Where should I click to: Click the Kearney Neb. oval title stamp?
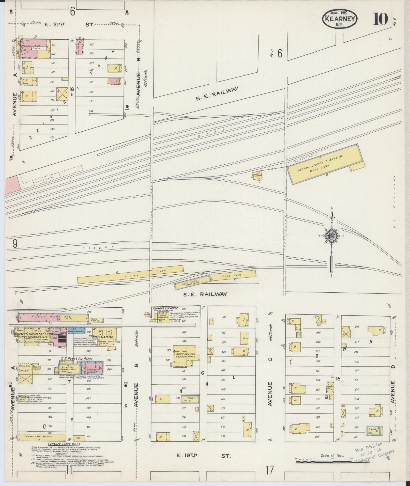click(x=340, y=19)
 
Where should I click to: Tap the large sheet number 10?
click(x=380, y=19)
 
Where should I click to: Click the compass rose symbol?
click(x=332, y=236)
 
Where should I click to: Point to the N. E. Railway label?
click(x=217, y=93)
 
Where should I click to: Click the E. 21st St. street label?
click(x=69, y=25)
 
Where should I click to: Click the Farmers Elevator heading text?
click(x=165, y=308)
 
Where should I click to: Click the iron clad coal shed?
click(x=192, y=282)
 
